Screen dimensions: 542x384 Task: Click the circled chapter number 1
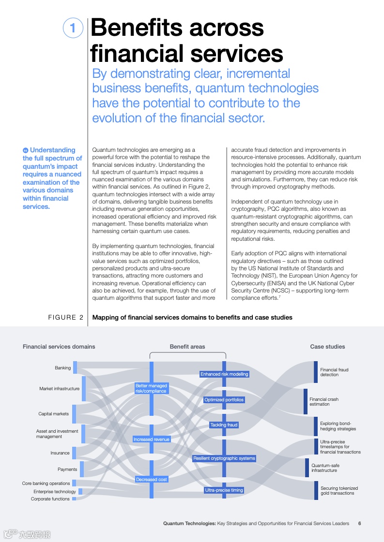point(73,28)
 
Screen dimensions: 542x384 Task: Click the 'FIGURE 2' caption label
point(65,318)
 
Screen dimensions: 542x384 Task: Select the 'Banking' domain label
point(62,368)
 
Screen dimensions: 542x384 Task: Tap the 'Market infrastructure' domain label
point(59,389)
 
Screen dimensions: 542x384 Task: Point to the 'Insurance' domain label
point(60,453)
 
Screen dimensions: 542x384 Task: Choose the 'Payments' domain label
point(67,469)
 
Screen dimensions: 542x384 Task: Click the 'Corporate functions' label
point(50,499)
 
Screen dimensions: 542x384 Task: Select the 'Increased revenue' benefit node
point(152,439)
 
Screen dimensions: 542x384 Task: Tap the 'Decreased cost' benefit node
point(152,480)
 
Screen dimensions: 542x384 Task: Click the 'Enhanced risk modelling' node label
point(224,374)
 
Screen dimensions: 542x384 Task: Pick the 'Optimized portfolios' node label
point(224,400)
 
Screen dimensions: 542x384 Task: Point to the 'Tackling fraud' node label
point(224,425)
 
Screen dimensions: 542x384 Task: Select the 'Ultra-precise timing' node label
point(224,490)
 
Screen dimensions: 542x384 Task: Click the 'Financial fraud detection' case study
point(334,372)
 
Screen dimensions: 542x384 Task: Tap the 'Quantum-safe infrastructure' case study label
point(325,468)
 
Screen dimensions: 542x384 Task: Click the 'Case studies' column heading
point(327,347)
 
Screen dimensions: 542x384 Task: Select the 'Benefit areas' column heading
point(187,347)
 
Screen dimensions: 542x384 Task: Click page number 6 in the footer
point(359,523)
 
